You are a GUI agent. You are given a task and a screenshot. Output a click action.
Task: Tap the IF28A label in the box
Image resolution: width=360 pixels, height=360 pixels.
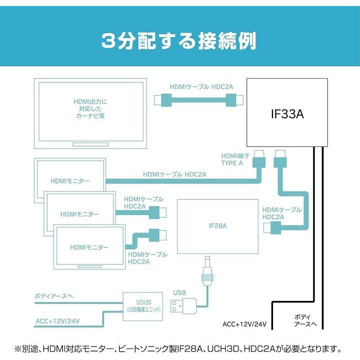pos(217,226)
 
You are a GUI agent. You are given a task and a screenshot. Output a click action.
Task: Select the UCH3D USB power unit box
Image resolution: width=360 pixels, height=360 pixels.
pos(143,305)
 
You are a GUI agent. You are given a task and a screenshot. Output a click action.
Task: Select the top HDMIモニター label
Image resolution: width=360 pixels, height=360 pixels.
pos(69,180)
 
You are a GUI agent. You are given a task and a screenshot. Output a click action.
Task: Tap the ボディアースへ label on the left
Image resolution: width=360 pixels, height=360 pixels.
pos(54,296)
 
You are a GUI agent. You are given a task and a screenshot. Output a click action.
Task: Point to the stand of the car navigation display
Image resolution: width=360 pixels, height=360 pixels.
pos(90,144)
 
